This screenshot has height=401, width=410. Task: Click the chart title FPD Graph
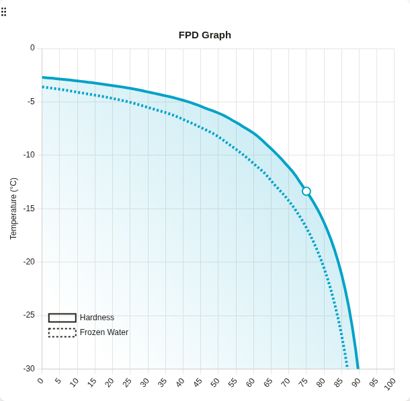coord(204,35)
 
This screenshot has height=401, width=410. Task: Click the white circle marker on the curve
coord(306,191)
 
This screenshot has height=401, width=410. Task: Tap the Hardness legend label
coord(97,318)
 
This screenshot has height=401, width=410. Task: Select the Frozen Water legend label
coord(104,332)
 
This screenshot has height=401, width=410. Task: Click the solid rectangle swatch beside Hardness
coord(62,318)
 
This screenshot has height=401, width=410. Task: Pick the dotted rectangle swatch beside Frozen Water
coord(62,332)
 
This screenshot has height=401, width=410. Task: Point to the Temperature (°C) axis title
coord(13,209)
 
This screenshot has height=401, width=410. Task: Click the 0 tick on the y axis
coord(32,48)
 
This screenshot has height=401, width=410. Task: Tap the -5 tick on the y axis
coord(30,102)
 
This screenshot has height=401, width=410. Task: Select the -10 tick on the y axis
coord(29,155)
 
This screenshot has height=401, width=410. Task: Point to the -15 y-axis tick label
coord(29,209)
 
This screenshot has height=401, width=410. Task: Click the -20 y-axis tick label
coord(29,262)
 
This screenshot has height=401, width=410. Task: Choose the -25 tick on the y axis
coord(29,315)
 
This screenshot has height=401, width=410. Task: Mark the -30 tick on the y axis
coord(29,369)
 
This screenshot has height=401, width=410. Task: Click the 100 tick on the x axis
coord(390,384)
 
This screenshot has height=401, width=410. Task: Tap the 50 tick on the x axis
coord(215,382)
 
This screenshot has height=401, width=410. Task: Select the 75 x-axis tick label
coord(303,382)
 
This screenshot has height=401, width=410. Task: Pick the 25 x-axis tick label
coord(127,382)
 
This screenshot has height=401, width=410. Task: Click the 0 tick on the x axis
coord(40,381)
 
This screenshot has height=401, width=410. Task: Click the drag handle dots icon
coord(4,11)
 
